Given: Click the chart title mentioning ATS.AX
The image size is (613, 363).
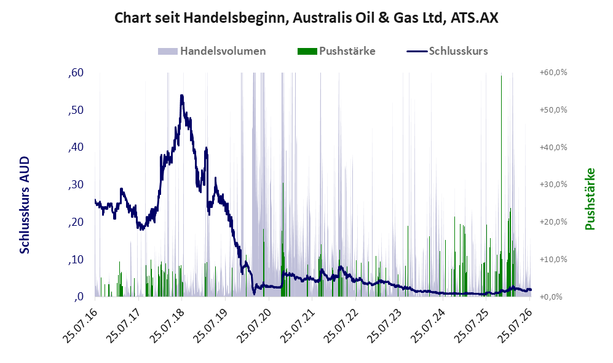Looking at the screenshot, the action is (x=306, y=18).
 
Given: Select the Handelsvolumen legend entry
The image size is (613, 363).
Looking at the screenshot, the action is (x=212, y=51).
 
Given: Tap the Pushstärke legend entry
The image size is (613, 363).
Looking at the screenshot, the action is (x=336, y=51).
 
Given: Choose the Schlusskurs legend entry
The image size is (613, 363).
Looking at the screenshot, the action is (x=447, y=51).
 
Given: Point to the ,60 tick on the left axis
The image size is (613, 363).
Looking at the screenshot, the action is (x=76, y=73).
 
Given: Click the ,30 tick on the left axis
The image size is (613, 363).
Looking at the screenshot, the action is (x=76, y=184).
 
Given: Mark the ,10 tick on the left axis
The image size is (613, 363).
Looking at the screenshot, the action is (x=76, y=259).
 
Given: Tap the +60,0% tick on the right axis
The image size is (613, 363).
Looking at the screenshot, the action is (x=553, y=73).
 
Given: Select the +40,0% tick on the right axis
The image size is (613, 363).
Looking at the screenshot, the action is (x=553, y=147).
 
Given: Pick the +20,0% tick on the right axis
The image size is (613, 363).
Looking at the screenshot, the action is (x=553, y=221).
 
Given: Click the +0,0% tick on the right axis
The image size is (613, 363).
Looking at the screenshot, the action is (x=552, y=297).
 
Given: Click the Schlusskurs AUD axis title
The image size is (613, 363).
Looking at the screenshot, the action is (x=24, y=205).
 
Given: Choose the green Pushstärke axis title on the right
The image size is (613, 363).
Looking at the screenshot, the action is (x=590, y=199).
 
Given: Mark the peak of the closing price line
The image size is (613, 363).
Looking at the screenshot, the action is (x=182, y=95).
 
